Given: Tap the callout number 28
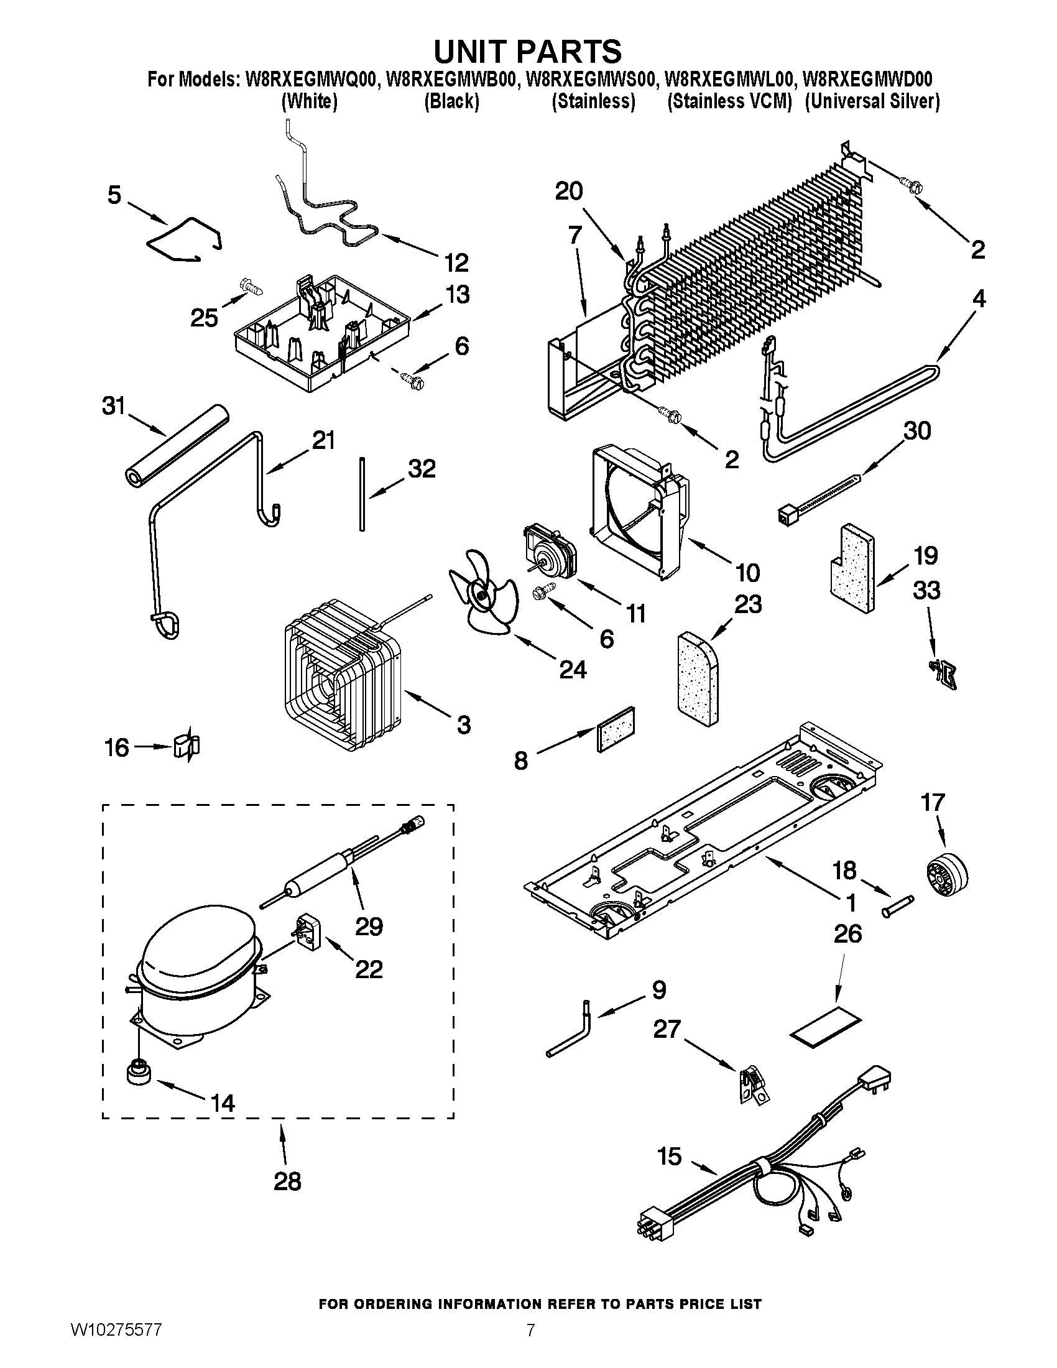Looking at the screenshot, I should point(287,1181).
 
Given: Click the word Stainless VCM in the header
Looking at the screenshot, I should point(730,101).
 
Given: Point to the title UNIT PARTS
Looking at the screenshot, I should point(528,51).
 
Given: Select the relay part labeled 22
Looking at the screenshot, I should point(310,933).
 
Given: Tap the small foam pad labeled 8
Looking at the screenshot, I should point(617,729).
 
